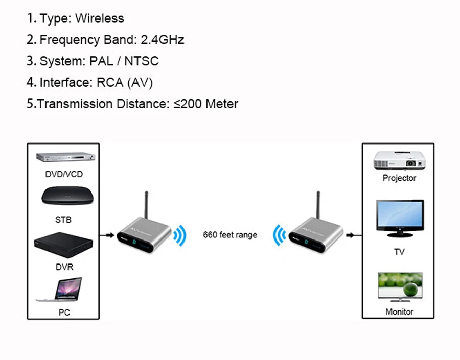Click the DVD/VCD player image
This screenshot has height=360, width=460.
(x=65, y=157)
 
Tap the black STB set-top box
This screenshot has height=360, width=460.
(x=67, y=196)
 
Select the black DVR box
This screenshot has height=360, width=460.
(x=63, y=245)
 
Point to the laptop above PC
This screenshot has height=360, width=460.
(x=60, y=290)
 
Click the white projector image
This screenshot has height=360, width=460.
(x=399, y=160)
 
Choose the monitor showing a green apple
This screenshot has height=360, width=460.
(x=400, y=287)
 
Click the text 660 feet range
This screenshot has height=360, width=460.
(x=230, y=235)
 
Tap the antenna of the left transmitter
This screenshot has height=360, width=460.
(x=146, y=205)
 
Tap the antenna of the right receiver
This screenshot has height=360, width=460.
(x=318, y=205)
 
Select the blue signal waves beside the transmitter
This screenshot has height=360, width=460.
(x=180, y=235)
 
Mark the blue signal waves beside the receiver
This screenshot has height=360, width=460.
(x=279, y=235)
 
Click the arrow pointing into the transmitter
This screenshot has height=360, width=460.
(x=107, y=235)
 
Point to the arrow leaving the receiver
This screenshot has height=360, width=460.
(x=354, y=235)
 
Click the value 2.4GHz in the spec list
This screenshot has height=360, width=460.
(x=162, y=40)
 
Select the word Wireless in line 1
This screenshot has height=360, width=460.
(x=100, y=18)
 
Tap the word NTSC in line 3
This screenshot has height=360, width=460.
(x=142, y=61)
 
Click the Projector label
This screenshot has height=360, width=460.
(x=399, y=178)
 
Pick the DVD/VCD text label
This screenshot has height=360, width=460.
(x=64, y=174)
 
